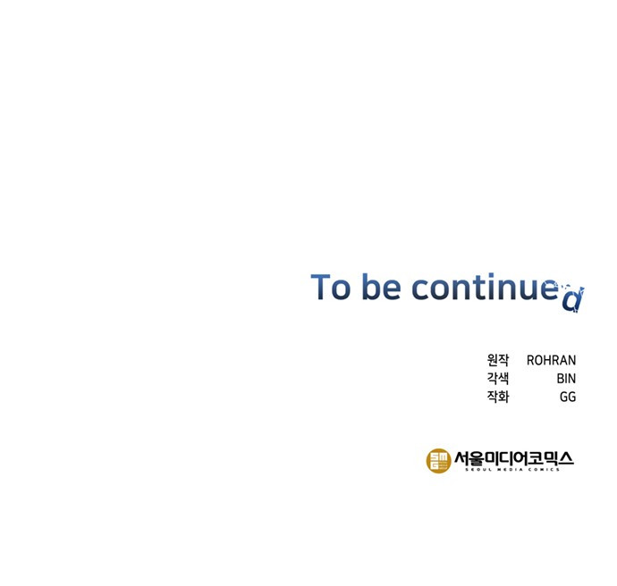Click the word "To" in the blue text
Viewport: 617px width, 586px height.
coord(331,287)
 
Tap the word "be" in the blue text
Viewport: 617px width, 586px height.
coord(381,286)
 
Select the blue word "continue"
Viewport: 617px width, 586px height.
coord(486,286)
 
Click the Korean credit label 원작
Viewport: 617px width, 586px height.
coord(498,360)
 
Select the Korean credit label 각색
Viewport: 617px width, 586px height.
coord(498,378)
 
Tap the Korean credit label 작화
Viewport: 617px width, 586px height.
coord(498,397)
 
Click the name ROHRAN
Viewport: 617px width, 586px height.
coord(551,360)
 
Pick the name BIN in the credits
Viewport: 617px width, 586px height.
coord(566,379)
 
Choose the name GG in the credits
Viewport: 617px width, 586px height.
coord(568,397)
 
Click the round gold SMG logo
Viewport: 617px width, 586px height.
coord(439,461)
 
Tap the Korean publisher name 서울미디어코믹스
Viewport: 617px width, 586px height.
coord(514,458)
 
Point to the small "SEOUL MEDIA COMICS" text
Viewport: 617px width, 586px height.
coord(512,469)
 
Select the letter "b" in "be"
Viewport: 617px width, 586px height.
coord(371,286)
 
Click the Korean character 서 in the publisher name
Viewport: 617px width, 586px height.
coord(461,458)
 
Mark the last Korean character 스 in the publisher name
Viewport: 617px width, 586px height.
coord(566,458)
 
